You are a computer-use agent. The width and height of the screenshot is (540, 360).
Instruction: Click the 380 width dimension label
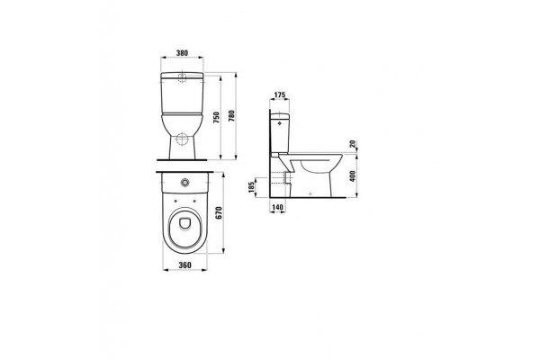[x=182, y=53]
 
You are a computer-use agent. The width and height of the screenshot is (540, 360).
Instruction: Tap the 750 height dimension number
[x=216, y=118]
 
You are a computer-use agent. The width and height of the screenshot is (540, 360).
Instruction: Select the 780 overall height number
[x=231, y=116]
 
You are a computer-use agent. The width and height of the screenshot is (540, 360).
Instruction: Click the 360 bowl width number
[x=184, y=265]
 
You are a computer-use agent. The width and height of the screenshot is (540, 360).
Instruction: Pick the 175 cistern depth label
[x=280, y=95]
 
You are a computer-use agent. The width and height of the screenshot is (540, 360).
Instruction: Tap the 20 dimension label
[x=352, y=144]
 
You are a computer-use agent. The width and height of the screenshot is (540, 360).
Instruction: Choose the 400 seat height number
[x=352, y=175]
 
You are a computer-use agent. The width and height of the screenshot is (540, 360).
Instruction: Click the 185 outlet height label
[x=251, y=187]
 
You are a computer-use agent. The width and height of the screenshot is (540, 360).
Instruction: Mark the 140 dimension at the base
[x=277, y=207]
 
